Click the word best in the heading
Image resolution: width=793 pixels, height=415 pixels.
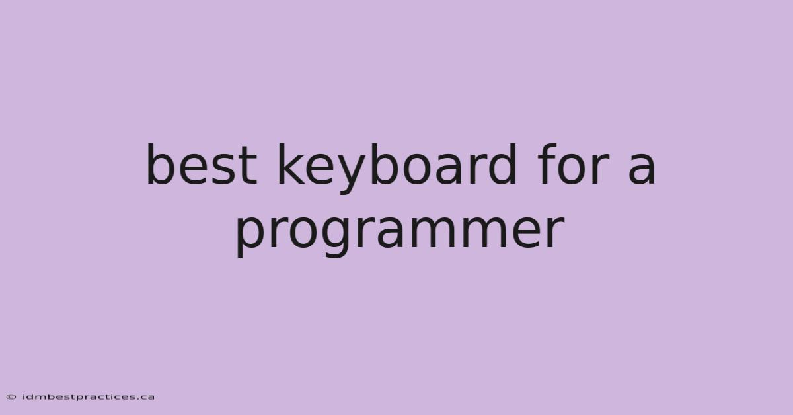(202, 164)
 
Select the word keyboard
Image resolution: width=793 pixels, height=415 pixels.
(397, 169)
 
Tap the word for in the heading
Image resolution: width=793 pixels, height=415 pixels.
(574, 164)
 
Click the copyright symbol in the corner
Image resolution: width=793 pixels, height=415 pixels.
(11, 397)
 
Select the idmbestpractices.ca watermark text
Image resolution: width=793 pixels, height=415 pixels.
(89, 397)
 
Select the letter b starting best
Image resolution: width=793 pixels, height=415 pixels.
(160, 165)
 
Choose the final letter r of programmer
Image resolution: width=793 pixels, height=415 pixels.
(556, 233)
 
